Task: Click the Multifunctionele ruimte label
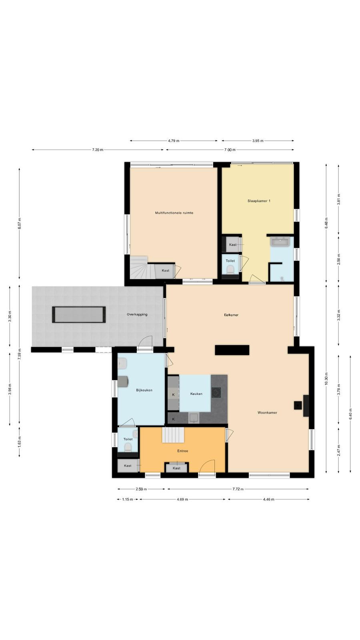coord(174,213)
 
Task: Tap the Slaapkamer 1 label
coord(259,201)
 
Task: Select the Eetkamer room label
coord(231,315)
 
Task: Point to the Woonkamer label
coord(268,412)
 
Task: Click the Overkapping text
coord(137,314)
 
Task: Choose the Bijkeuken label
coord(144,390)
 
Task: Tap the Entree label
coord(183,451)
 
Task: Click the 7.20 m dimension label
coord(98,150)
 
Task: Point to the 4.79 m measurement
coord(174,140)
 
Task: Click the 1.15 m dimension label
coord(128,500)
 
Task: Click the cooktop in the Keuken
coord(216,392)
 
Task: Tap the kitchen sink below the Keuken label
coord(194,418)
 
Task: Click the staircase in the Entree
coord(173,435)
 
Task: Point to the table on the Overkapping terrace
coord(79,314)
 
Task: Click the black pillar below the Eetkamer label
coord(232,350)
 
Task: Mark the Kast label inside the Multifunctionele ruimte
coord(166,270)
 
